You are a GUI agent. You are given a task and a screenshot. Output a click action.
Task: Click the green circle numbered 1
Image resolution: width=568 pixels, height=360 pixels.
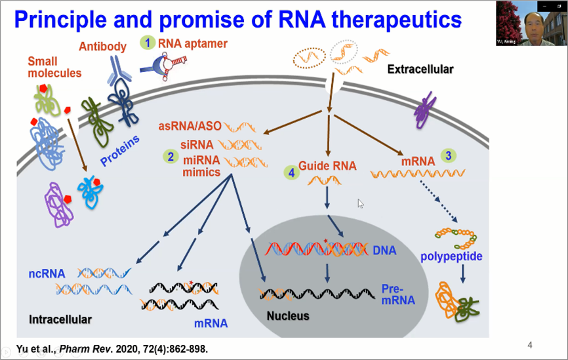(148, 43)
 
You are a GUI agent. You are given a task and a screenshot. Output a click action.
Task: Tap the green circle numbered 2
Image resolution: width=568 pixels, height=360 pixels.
(171, 156)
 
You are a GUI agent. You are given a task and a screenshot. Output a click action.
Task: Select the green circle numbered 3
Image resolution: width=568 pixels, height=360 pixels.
(448, 156)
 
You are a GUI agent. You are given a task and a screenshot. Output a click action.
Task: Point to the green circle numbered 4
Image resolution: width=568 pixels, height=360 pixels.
(289, 172)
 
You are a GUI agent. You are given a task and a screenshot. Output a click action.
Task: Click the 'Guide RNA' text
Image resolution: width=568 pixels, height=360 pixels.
(327, 166)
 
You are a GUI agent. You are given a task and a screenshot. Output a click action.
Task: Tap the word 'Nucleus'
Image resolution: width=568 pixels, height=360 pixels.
(287, 316)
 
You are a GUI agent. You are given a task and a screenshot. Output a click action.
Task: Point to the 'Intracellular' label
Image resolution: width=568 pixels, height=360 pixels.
(60, 320)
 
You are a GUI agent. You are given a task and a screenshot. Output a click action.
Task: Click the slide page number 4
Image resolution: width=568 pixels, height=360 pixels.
(529, 345)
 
